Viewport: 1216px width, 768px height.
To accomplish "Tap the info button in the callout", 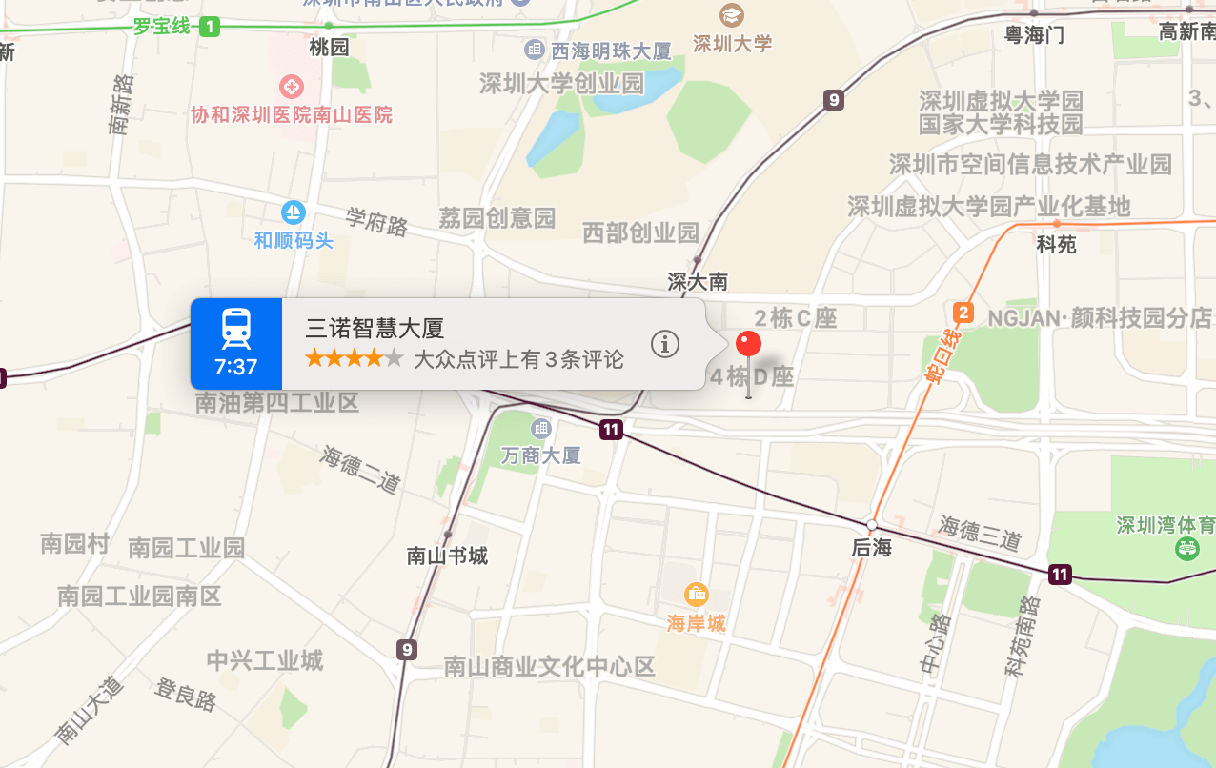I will click(664, 344).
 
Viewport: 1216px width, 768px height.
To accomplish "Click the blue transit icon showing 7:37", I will click(236, 343).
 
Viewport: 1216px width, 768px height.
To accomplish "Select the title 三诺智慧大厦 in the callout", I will click(375, 329).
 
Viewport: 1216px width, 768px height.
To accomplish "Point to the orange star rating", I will click(354, 359).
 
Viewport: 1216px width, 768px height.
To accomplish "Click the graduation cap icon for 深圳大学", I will click(731, 15).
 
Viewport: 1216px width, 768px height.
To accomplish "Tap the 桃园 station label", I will click(329, 47).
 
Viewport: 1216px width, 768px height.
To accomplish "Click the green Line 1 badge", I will click(210, 27).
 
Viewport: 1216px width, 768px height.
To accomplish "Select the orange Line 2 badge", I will click(963, 313).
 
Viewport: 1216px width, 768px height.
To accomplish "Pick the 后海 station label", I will click(871, 548).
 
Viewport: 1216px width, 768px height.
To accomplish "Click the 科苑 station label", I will click(1056, 245).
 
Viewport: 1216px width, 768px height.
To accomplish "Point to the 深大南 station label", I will click(698, 281).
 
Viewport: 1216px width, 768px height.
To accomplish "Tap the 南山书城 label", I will click(447, 556).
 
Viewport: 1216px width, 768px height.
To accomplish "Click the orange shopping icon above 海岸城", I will click(697, 595).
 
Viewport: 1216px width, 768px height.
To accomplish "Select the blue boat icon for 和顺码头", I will click(294, 212).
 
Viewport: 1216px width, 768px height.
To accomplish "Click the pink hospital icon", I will click(291, 87).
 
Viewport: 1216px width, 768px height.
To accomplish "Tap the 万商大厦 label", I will click(540, 455).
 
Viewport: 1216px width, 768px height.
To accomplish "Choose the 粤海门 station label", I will click(1034, 35).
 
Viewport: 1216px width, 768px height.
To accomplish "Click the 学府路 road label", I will click(376, 222).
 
